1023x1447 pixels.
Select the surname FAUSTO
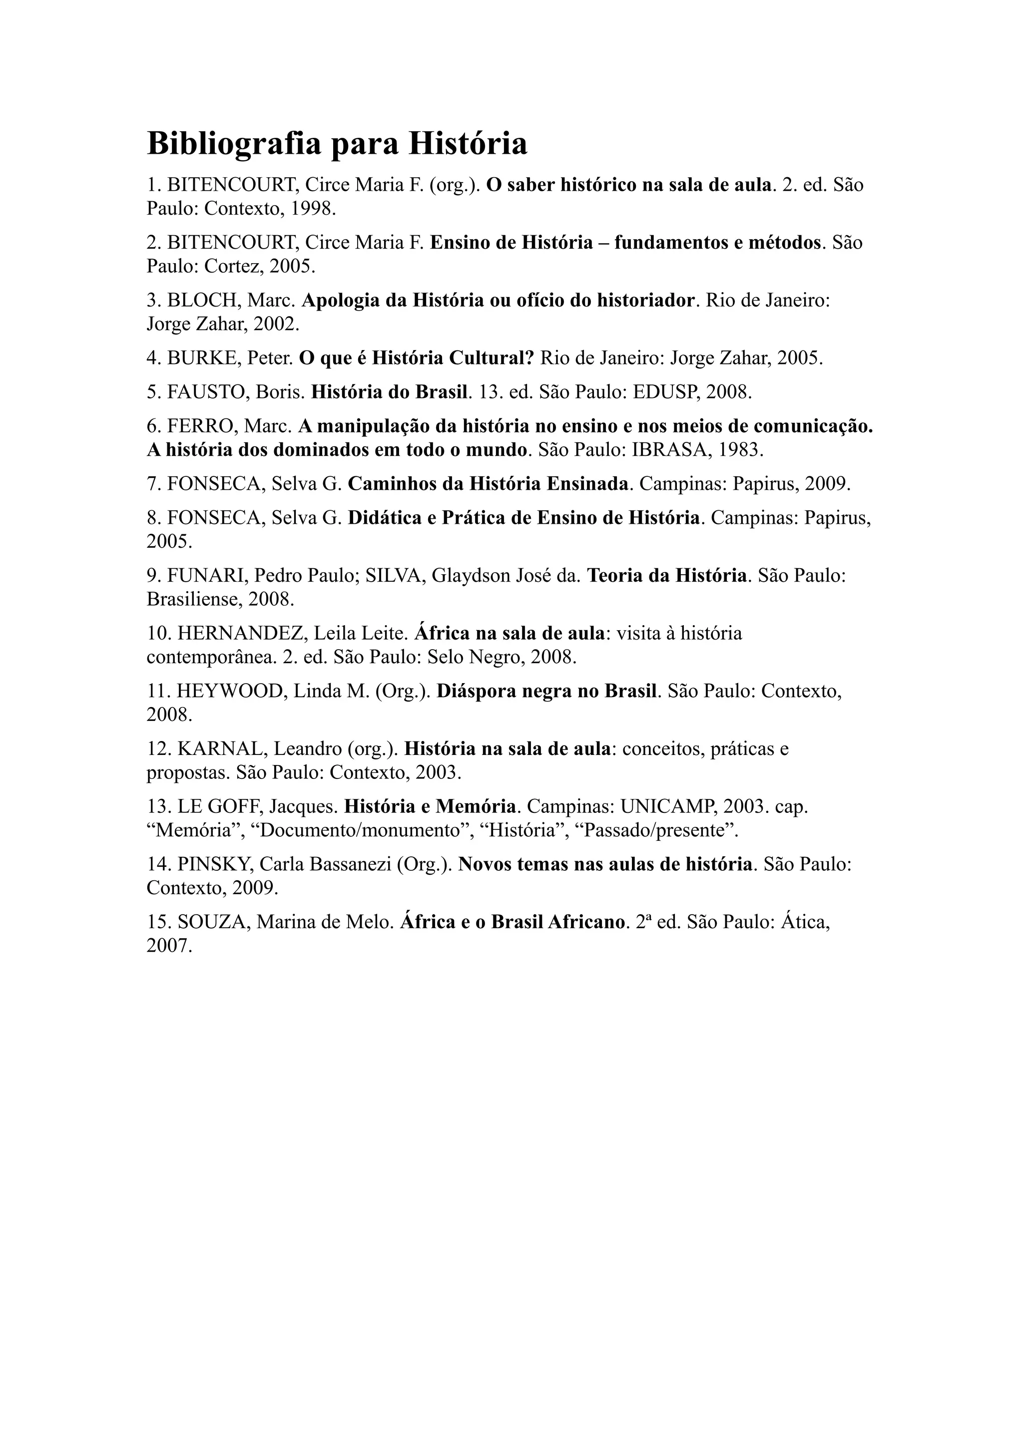click(x=208, y=392)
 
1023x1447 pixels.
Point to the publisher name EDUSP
click(x=664, y=392)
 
